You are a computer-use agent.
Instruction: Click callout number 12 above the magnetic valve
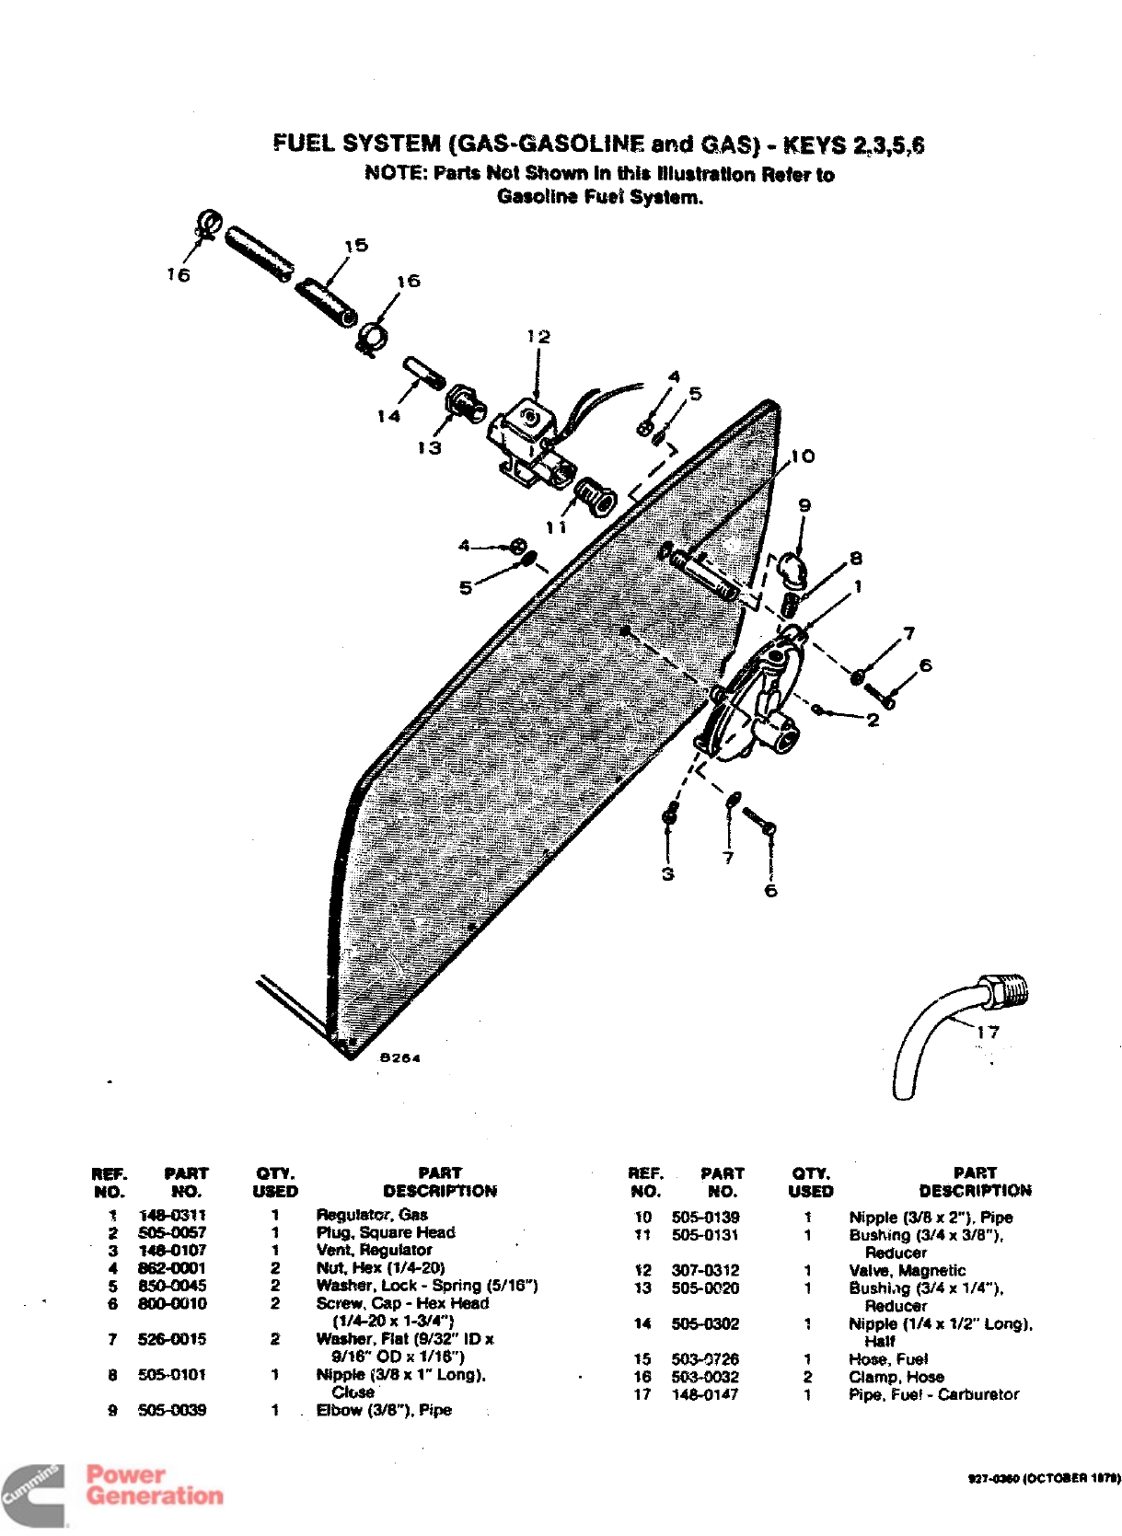(x=538, y=337)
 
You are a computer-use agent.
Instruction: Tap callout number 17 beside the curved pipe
(x=988, y=1032)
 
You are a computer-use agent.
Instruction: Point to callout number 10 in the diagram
(x=803, y=456)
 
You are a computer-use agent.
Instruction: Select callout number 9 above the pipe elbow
(x=804, y=505)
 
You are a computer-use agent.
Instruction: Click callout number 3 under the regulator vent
(x=668, y=873)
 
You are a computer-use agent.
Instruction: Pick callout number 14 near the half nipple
(x=388, y=416)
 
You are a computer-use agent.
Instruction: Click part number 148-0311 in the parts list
(x=172, y=1215)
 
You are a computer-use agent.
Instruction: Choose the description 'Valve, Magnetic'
(x=907, y=1270)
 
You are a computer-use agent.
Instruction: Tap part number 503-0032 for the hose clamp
(x=705, y=1377)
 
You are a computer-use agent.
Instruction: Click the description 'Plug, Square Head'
(x=386, y=1232)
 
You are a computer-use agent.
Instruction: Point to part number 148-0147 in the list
(x=705, y=1394)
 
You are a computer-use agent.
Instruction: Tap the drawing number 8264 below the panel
(x=400, y=1058)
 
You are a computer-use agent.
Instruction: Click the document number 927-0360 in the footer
(x=994, y=1478)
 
